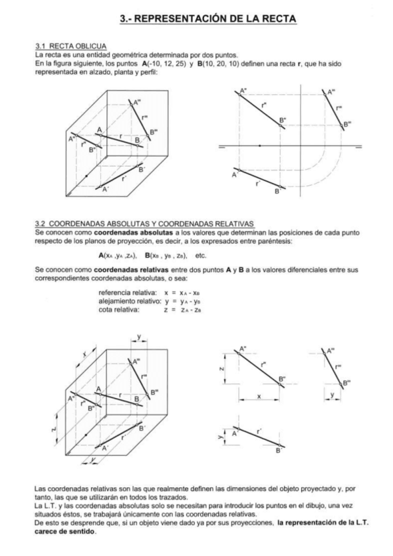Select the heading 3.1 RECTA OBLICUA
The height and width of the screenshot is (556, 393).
coord(64,47)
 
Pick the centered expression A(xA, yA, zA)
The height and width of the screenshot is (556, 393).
coord(119,254)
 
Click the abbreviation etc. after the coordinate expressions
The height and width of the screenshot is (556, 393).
coord(201,254)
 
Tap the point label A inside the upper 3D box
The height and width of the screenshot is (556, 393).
coord(100,129)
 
